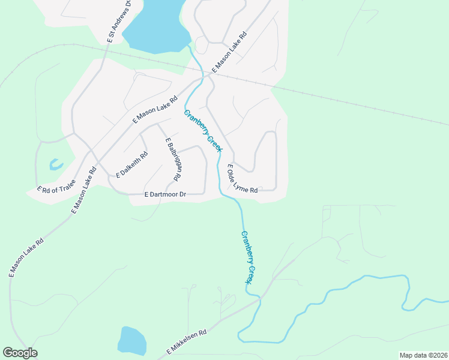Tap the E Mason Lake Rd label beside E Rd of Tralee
click(x=84, y=189)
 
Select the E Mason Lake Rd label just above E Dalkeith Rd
click(x=155, y=109)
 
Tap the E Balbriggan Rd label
click(x=173, y=160)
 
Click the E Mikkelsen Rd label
click(x=187, y=341)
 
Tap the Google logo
click(x=20, y=353)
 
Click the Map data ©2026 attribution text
click(x=424, y=355)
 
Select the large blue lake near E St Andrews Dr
click(x=155, y=27)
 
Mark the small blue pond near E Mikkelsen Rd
click(x=131, y=341)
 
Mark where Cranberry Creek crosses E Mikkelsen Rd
click(x=258, y=298)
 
